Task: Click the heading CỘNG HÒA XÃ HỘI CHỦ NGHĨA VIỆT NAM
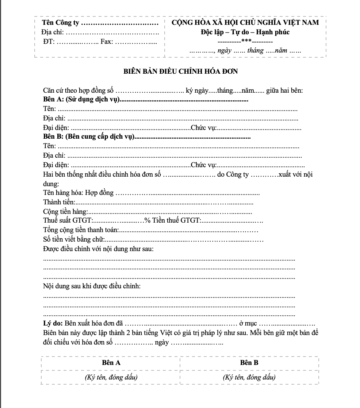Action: tap(245, 22)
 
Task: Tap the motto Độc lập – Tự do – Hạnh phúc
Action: tap(245, 32)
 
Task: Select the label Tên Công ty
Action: tap(61, 23)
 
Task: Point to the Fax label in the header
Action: tap(106, 42)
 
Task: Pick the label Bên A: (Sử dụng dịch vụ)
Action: tap(81, 100)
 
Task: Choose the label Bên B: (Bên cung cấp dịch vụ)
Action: tap(89, 137)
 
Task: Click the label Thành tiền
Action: tap(59, 202)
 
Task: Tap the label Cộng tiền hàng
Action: tap(65, 212)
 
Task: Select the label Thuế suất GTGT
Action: tap(68, 220)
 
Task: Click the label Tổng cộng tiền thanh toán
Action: tap(81, 230)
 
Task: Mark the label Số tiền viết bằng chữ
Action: tap(74, 239)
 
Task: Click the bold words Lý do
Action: tap(53, 324)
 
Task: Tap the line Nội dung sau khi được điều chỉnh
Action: tap(92, 286)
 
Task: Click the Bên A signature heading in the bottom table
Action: tap(111, 363)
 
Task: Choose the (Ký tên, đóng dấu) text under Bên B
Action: tap(249, 377)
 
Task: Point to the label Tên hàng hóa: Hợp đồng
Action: tap(78, 193)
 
